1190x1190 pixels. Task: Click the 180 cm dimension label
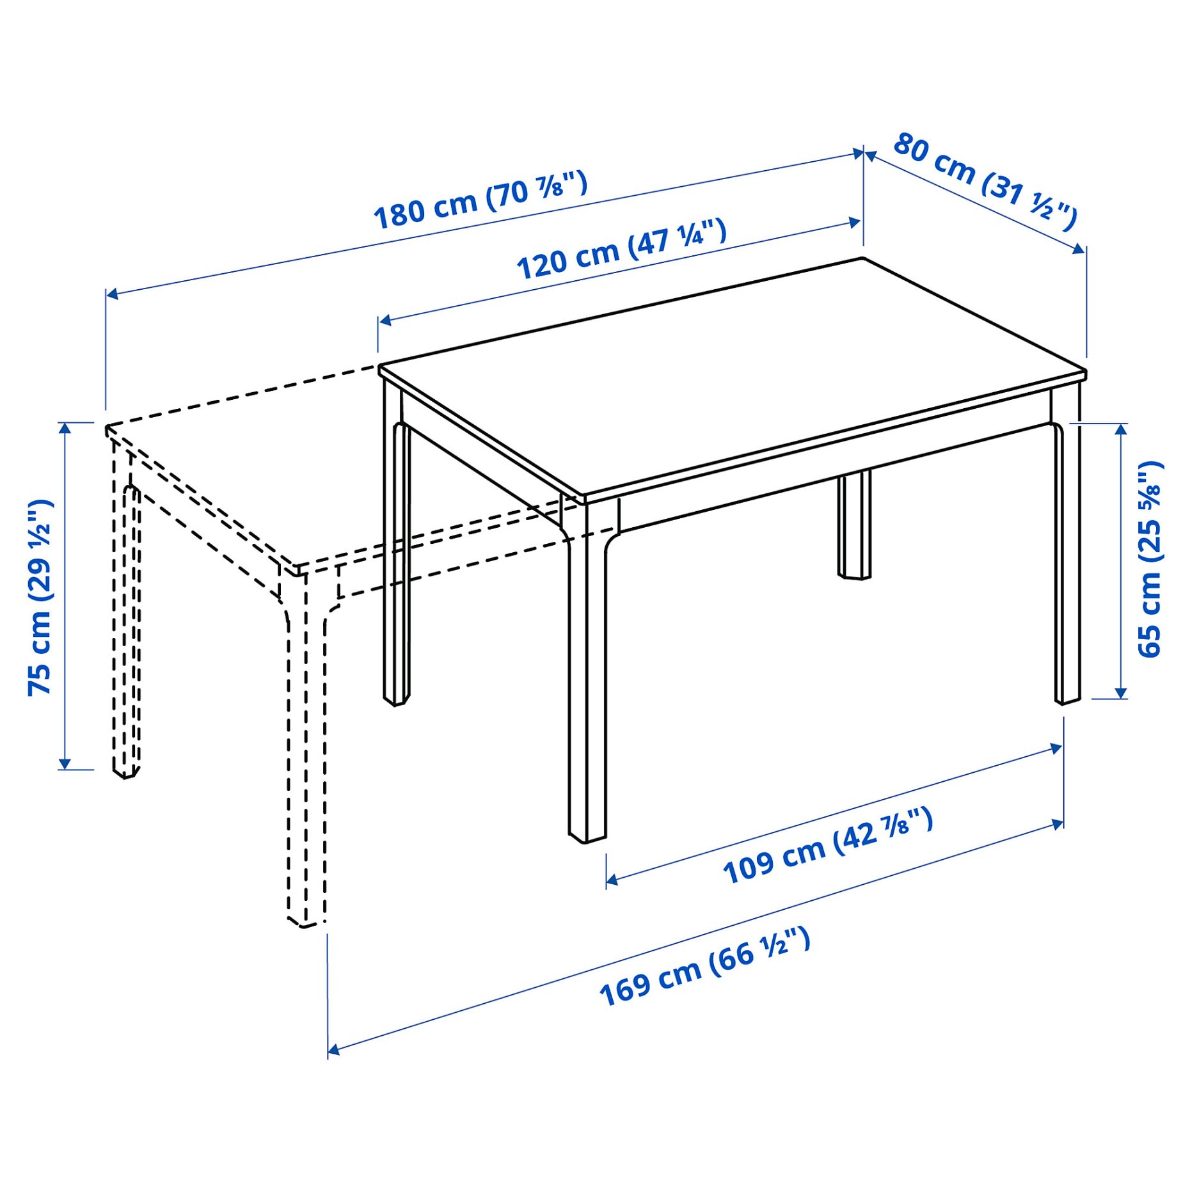point(480,200)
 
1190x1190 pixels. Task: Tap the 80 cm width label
point(985,181)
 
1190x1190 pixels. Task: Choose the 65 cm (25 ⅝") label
point(1150,559)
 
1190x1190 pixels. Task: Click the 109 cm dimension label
point(827,846)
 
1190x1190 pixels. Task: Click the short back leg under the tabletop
point(855,525)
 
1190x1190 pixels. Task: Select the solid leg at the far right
point(1067,563)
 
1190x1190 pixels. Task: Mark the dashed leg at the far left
point(125,614)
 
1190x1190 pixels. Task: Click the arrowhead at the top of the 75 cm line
point(65,427)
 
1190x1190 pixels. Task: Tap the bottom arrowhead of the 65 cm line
point(1120,694)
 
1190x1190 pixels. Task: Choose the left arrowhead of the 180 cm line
point(111,294)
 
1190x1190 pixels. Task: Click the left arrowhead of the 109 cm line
point(611,880)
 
